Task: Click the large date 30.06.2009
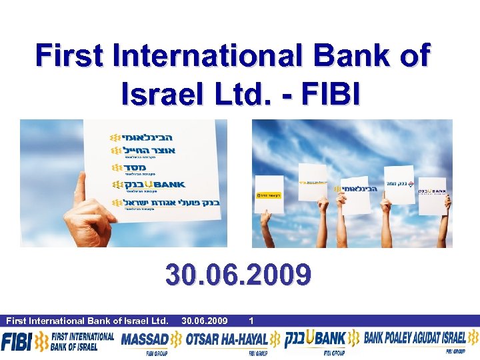click(239, 275)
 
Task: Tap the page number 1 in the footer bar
click(251, 321)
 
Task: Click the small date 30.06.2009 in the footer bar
click(204, 321)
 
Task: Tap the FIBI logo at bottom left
click(16, 342)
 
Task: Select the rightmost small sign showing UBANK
click(433, 191)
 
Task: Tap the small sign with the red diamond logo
click(399, 183)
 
